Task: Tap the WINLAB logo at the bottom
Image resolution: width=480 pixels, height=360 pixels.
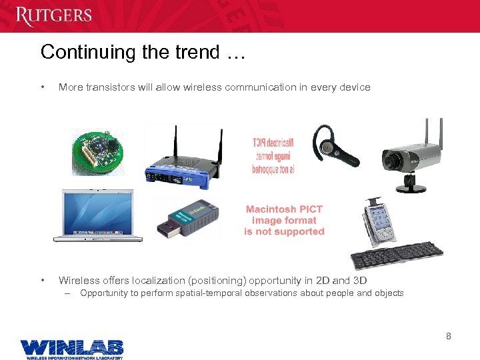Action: pyautogui.click(x=71, y=348)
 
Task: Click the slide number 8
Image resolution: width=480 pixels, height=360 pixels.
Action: pyautogui.click(x=449, y=336)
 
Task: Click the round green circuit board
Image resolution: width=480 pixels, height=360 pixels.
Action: pyautogui.click(x=98, y=151)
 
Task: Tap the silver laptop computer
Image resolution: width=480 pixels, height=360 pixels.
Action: pyautogui.click(x=98, y=215)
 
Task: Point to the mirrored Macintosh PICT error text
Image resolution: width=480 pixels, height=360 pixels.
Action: pyautogui.click(x=273, y=154)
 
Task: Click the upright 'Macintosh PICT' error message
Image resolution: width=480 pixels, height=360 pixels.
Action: pyautogui.click(x=284, y=220)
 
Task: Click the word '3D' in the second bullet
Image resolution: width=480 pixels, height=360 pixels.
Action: pyautogui.click(x=359, y=281)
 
